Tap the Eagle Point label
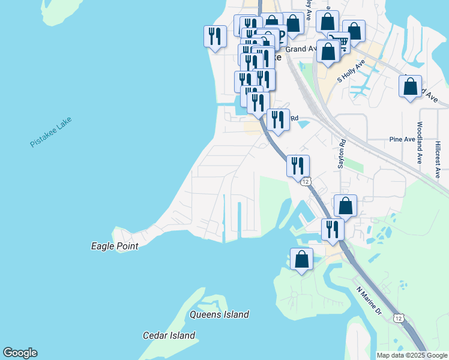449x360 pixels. point(114,246)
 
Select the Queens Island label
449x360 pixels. point(219,314)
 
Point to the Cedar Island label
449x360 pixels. point(169,335)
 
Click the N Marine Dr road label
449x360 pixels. point(369,301)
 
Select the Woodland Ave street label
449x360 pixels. point(420,143)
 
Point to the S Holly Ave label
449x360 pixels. point(351,71)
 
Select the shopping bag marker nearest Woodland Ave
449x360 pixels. point(410,86)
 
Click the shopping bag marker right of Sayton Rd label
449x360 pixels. point(346,206)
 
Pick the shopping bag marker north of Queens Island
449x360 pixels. point(301,260)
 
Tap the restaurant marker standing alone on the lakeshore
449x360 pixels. point(215,37)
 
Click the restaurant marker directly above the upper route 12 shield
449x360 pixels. point(298,166)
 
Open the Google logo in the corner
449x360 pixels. point(20,353)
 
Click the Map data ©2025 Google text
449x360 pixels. point(412,355)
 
